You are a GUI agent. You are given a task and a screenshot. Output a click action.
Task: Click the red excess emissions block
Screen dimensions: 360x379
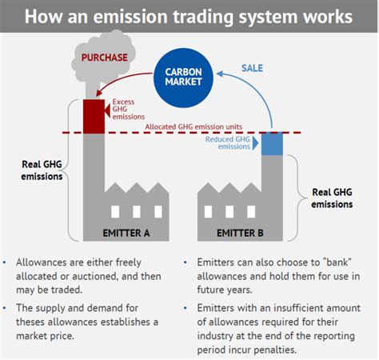95,115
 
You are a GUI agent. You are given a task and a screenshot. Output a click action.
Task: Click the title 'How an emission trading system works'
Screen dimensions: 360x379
189,16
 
